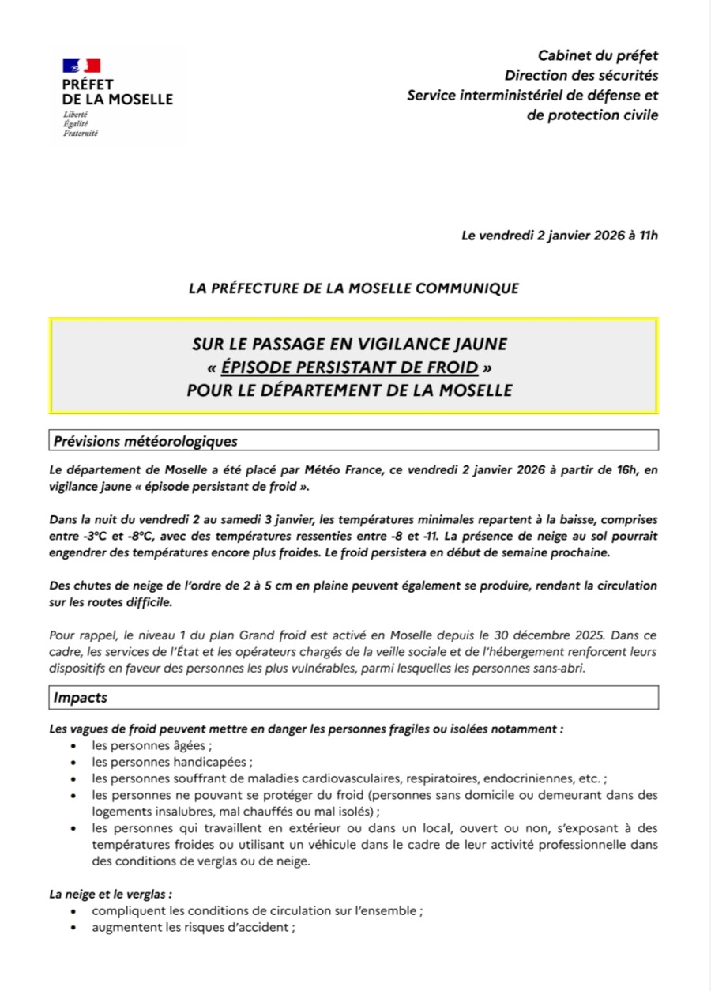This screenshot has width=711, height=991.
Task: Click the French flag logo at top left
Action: click(x=81, y=66)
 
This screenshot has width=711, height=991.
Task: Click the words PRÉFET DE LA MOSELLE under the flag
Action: click(x=117, y=92)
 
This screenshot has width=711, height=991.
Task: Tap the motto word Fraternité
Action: click(x=81, y=134)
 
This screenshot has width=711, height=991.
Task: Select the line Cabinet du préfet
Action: click(x=597, y=55)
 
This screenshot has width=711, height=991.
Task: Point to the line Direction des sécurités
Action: click(x=581, y=76)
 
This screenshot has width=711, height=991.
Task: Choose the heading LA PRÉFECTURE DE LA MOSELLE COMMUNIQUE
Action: click(x=354, y=288)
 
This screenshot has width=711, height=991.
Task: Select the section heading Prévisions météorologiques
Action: click(x=145, y=440)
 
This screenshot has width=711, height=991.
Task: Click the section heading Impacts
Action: click(x=81, y=698)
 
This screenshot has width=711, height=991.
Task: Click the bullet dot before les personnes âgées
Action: click(x=73, y=745)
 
